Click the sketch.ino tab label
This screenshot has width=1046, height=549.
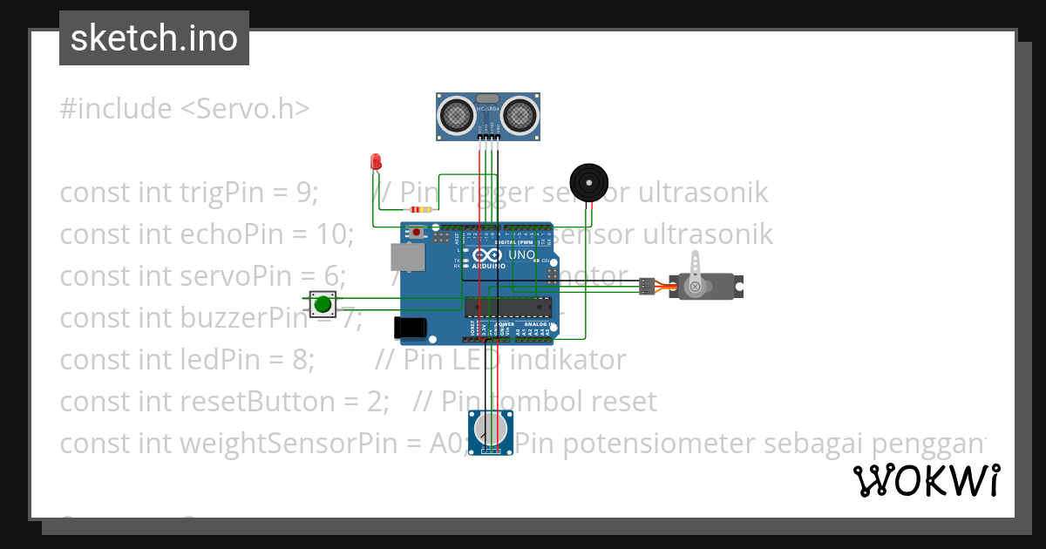(x=153, y=38)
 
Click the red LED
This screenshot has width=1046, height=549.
(x=376, y=162)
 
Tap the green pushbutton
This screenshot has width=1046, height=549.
(x=323, y=304)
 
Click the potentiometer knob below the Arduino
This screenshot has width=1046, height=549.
(x=490, y=429)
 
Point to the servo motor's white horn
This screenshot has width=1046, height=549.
(x=695, y=274)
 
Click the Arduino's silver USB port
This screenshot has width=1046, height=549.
(x=407, y=256)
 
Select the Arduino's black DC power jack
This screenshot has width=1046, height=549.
(x=410, y=328)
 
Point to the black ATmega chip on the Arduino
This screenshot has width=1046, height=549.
(x=508, y=305)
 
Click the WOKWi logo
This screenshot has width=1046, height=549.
(x=926, y=481)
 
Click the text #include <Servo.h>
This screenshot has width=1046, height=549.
(x=185, y=109)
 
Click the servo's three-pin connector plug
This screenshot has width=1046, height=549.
(x=646, y=286)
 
